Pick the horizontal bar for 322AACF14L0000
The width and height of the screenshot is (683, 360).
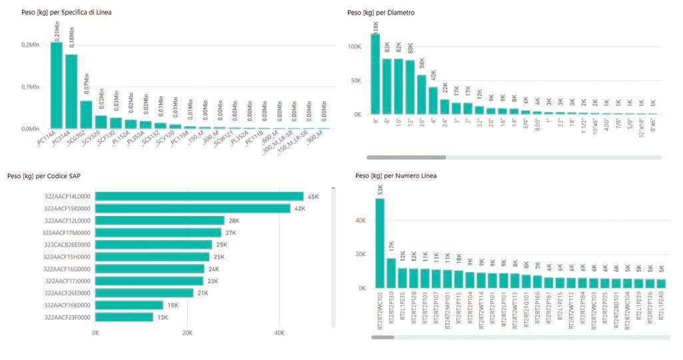(199, 197)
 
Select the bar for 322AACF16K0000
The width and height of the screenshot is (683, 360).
(129, 305)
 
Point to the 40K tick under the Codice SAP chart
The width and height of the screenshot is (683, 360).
(280, 333)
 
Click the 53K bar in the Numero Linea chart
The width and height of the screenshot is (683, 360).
(380, 243)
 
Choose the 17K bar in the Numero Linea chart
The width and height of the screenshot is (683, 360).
(391, 273)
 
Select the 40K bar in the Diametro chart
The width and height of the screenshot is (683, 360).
(432, 101)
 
